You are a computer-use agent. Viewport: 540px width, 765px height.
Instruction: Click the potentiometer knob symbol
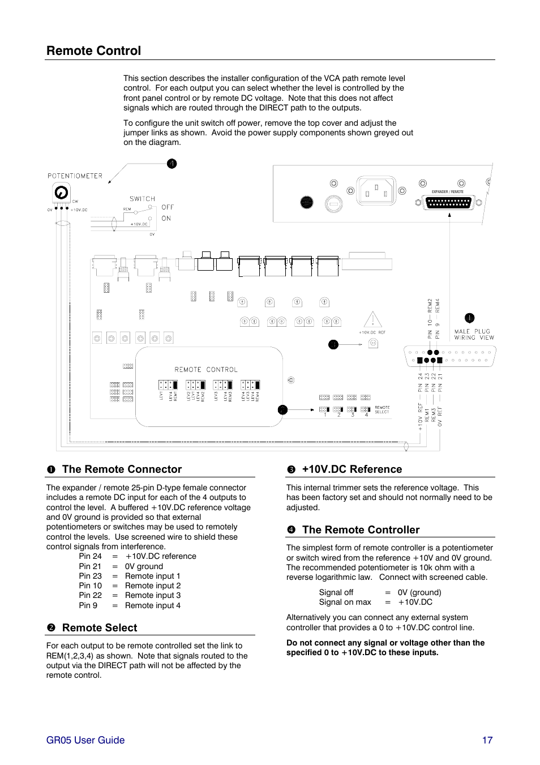point(61,193)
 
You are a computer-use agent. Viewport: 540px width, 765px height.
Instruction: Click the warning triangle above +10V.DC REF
point(372,320)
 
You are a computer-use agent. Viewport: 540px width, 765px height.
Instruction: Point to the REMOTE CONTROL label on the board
point(206,370)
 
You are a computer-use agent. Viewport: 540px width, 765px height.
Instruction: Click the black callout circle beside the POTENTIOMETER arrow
point(172,164)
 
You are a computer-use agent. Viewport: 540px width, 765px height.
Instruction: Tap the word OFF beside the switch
point(168,207)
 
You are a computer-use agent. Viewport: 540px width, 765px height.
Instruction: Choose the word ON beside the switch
point(166,219)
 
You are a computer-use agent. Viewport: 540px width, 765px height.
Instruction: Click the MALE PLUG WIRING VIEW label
point(474,335)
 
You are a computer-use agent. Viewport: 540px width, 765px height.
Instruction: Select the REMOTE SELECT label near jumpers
point(382,409)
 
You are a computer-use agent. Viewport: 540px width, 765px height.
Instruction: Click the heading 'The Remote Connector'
point(122,469)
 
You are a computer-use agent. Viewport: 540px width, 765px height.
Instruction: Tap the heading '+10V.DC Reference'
point(352,469)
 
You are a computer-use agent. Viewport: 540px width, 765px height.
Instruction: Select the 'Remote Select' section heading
point(100,628)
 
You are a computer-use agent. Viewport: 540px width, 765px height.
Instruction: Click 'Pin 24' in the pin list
point(91,557)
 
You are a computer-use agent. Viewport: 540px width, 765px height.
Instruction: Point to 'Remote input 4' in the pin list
point(153,606)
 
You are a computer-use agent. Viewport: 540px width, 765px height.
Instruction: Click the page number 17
point(487,740)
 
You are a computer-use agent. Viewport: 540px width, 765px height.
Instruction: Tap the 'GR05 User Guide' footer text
point(85,740)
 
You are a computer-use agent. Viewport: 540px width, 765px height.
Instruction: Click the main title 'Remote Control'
point(94,51)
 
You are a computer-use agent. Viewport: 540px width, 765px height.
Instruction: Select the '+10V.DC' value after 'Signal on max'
point(415,602)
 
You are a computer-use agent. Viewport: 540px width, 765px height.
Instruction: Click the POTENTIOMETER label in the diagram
point(75,176)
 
